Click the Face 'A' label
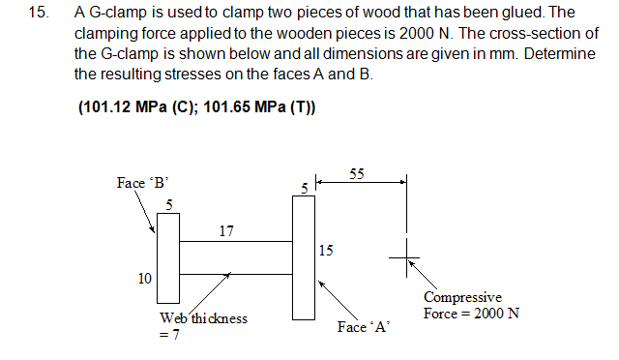pos(363,327)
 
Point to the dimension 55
pos(357,174)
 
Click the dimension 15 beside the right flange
pos(326,251)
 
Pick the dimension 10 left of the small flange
pos(144,279)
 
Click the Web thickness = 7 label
pos(202,325)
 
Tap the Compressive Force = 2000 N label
pos(471,306)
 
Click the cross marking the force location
pos(405,257)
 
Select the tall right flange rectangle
pos(304,256)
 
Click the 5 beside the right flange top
pos(303,187)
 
